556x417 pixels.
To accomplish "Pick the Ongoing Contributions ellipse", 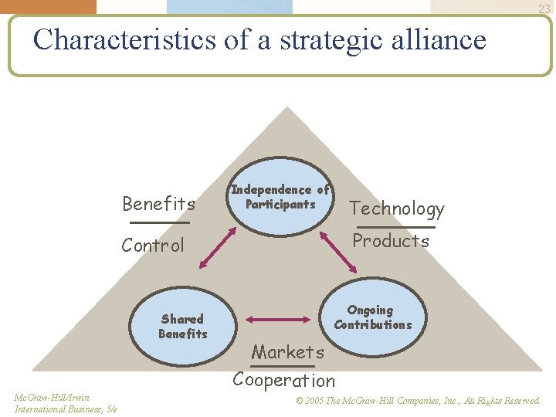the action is (x=372, y=317).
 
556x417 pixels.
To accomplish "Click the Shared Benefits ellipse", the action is (x=183, y=326).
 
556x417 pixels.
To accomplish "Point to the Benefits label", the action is (x=159, y=204).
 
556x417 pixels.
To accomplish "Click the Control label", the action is (x=153, y=246).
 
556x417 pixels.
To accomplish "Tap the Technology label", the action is (x=397, y=208).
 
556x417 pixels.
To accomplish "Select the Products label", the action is (x=391, y=241).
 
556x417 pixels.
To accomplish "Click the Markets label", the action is (x=288, y=352).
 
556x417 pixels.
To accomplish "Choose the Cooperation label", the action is (x=284, y=380).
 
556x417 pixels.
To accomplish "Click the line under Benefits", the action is (x=159, y=222).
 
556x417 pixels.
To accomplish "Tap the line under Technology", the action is (x=396, y=227).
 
